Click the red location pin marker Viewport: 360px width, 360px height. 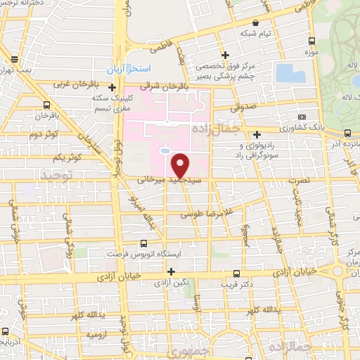point(181,164)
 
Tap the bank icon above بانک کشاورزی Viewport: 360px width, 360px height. point(302,117)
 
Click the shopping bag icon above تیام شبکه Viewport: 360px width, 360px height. point(264,22)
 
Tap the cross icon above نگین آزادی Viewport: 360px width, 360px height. point(170,271)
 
